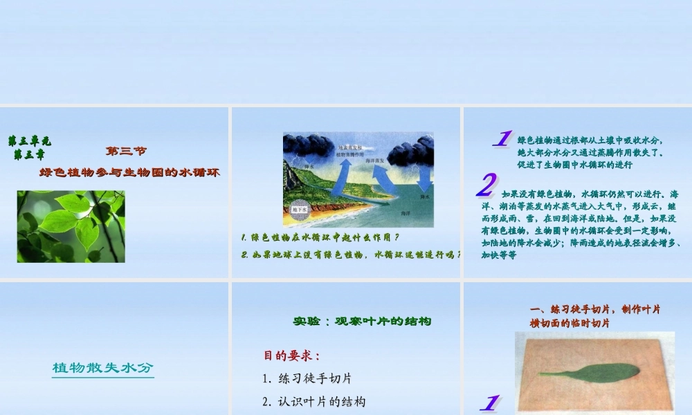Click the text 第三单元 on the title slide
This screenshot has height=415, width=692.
29,141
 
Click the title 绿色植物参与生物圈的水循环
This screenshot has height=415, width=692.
129,172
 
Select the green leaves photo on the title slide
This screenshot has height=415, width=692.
71,226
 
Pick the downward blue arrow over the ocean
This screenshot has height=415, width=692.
423,178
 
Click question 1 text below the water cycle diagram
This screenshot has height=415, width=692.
320,237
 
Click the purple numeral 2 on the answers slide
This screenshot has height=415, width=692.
486,185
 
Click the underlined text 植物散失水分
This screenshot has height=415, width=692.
102,368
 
